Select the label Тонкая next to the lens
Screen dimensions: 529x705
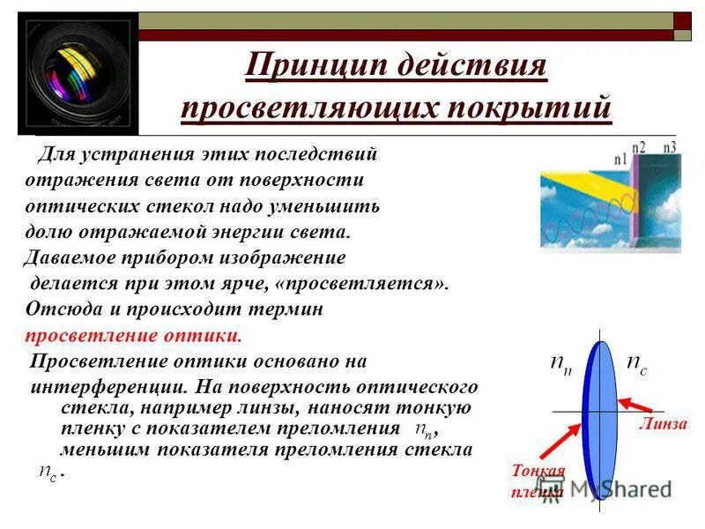(x=538, y=471)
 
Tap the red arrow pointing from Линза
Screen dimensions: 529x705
(x=636, y=406)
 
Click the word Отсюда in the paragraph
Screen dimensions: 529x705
(x=59, y=310)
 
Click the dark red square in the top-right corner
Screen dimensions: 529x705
(x=682, y=20)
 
